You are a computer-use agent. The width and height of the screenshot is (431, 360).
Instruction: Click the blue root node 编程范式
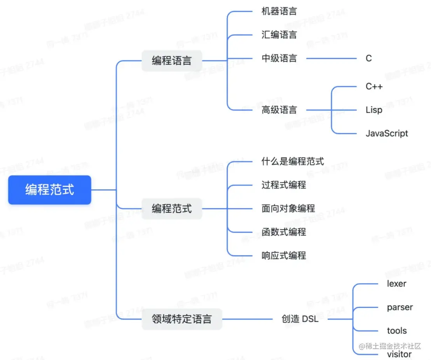coord(50,190)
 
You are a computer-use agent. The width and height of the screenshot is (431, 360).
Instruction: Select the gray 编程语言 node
coord(171,61)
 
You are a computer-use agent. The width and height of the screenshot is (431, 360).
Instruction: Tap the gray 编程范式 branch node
coord(171,209)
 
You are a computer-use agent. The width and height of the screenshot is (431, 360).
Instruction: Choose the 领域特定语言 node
coord(181,319)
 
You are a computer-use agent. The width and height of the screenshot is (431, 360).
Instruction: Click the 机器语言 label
coord(279,11)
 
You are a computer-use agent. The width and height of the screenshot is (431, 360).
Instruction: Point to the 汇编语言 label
coord(279,35)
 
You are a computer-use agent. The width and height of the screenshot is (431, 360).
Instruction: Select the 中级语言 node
coord(279,58)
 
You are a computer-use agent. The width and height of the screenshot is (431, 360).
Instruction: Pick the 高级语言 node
coord(279,110)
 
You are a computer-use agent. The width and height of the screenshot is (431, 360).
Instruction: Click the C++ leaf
coord(374,86)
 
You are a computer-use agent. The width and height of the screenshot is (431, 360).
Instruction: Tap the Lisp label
coord(374,110)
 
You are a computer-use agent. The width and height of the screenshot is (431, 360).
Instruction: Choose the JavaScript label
coord(387,133)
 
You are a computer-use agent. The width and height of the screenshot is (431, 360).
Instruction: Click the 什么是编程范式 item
coord(293,161)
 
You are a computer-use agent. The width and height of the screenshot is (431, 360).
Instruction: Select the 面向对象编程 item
coord(288,208)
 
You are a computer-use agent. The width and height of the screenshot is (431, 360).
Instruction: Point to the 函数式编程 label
coord(284,232)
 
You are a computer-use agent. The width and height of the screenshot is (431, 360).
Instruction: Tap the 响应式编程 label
coord(284,255)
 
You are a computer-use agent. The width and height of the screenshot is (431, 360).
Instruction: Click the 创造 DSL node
coord(300,319)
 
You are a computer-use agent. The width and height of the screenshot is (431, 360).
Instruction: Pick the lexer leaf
coord(396,284)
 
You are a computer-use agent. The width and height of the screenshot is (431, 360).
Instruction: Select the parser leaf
coord(400,307)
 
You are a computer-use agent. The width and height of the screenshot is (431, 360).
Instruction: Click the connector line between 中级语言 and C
coord(331,59)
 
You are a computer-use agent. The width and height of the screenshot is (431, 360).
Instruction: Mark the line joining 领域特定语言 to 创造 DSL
coord(247,319)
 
